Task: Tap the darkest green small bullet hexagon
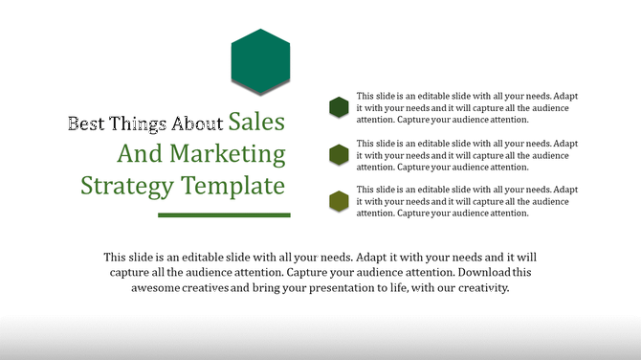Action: pos(338,107)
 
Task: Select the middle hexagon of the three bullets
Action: pos(338,154)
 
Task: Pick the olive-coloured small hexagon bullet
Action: pos(338,201)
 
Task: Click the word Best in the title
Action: pos(84,124)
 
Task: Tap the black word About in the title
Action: pos(197,124)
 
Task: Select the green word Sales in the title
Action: pos(258,122)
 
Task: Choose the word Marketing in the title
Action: pos(226,154)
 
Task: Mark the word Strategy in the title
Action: pos(121,185)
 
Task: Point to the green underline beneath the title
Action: pos(224,214)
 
